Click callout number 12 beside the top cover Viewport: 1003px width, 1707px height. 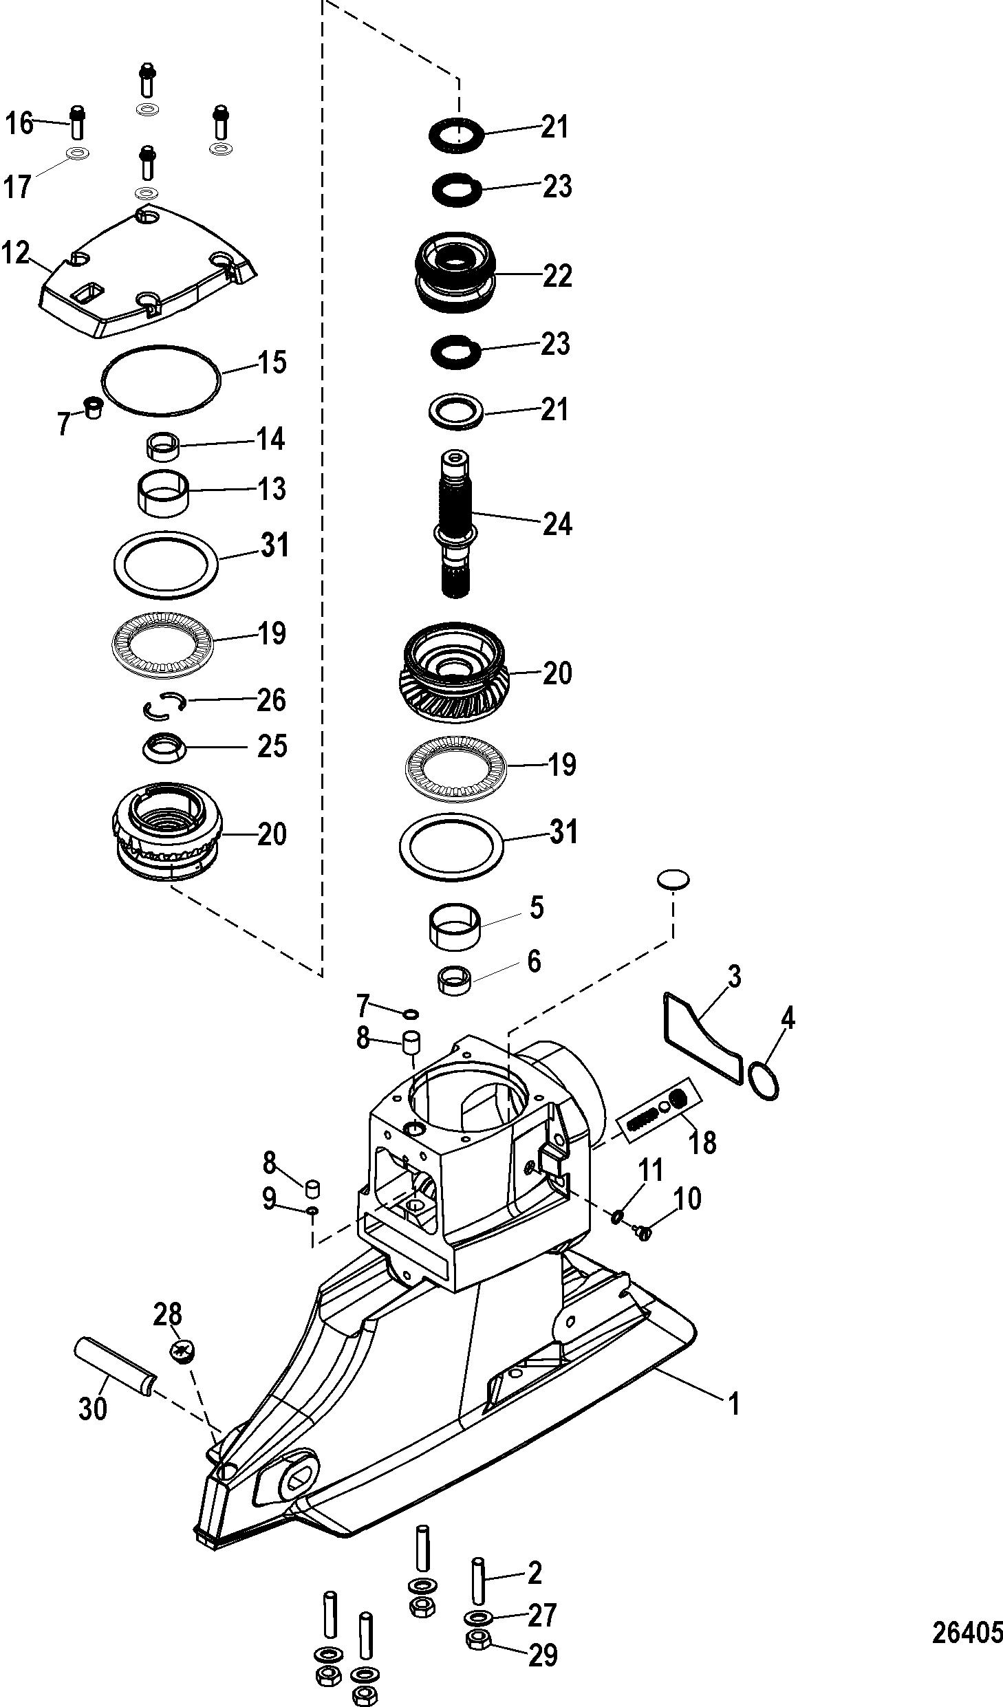(16, 253)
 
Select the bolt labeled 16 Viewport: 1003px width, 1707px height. (78, 122)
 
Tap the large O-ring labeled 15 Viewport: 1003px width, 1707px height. (162, 380)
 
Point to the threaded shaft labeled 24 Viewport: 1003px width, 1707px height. (455, 523)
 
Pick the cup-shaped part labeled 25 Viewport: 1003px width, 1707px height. (166, 748)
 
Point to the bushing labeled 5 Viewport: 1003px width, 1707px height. (455, 926)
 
